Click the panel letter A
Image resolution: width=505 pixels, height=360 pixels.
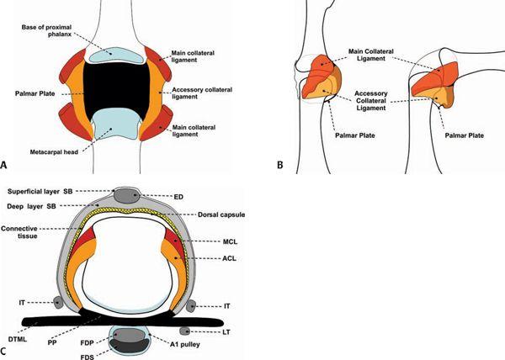[7, 166]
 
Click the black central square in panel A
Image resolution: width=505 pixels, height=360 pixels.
[118, 88]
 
